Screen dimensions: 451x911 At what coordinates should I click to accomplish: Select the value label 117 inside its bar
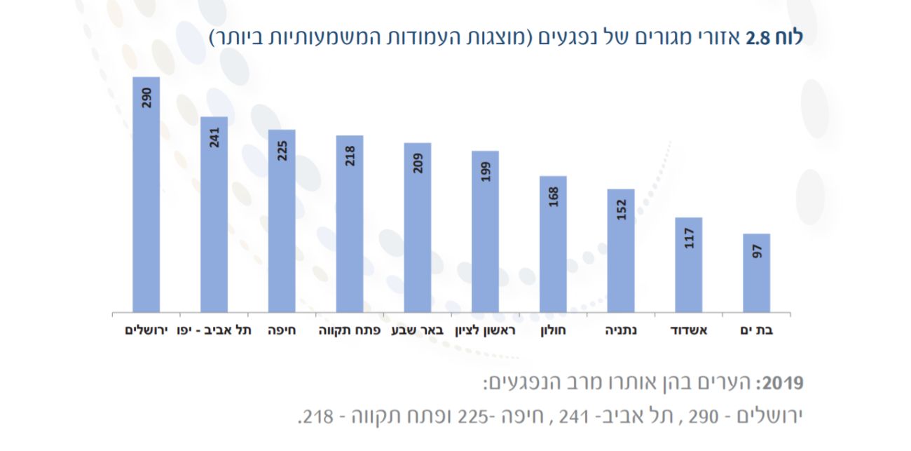[x=689, y=238]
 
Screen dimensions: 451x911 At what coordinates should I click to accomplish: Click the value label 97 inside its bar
[x=756, y=252]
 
